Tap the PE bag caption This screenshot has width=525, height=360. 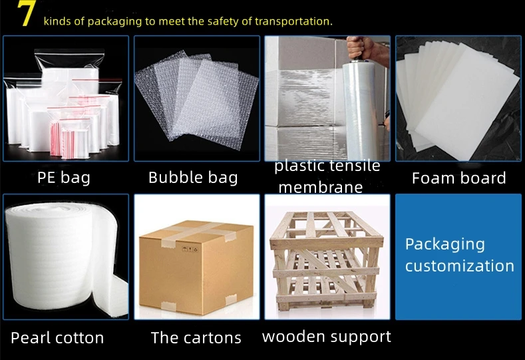pos(64,178)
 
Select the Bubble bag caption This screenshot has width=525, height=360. pos(192,178)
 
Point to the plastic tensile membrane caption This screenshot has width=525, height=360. pos(327,176)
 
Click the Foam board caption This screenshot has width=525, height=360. pos(458,178)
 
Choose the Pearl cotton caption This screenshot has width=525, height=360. pos(57,337)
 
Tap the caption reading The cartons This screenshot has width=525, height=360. pos(196,337)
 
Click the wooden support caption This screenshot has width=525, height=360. pos(326,336)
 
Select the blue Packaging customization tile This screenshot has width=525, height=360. pos(459,256)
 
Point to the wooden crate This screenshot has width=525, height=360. pos(326,263)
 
